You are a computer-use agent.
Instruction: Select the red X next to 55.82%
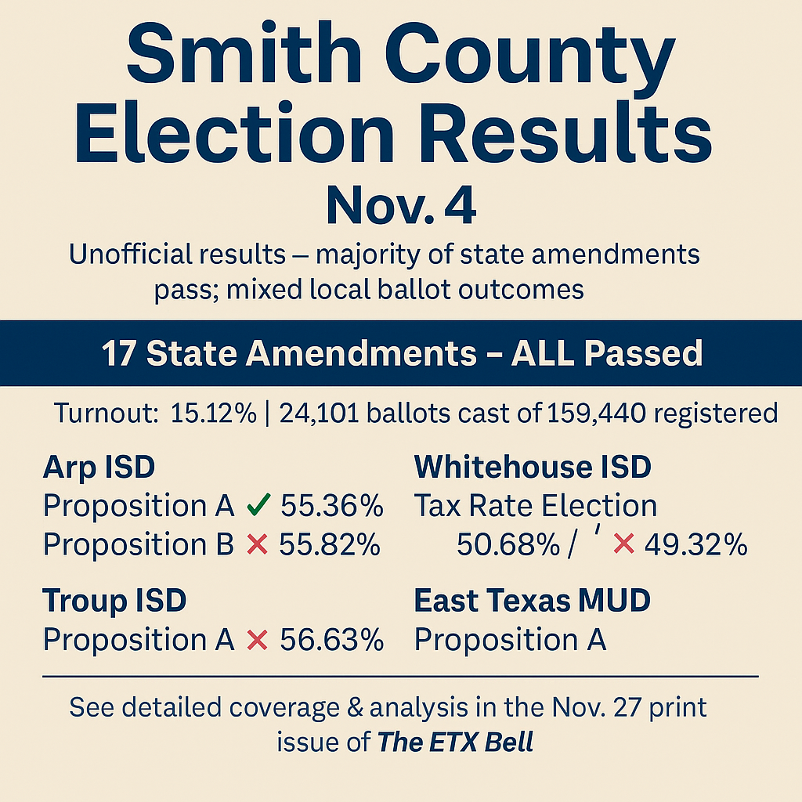pos(258,544)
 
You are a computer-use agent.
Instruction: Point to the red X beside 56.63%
pos(258,640)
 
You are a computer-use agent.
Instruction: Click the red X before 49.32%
pos(623,545)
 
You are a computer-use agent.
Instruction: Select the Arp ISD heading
pos(99,468)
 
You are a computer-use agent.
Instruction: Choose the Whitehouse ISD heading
pos(533,468)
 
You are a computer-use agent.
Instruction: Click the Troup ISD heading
pos(114,601)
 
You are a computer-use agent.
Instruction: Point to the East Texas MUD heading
pos(533,601)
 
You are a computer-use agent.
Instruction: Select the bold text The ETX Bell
pos(455,741)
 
